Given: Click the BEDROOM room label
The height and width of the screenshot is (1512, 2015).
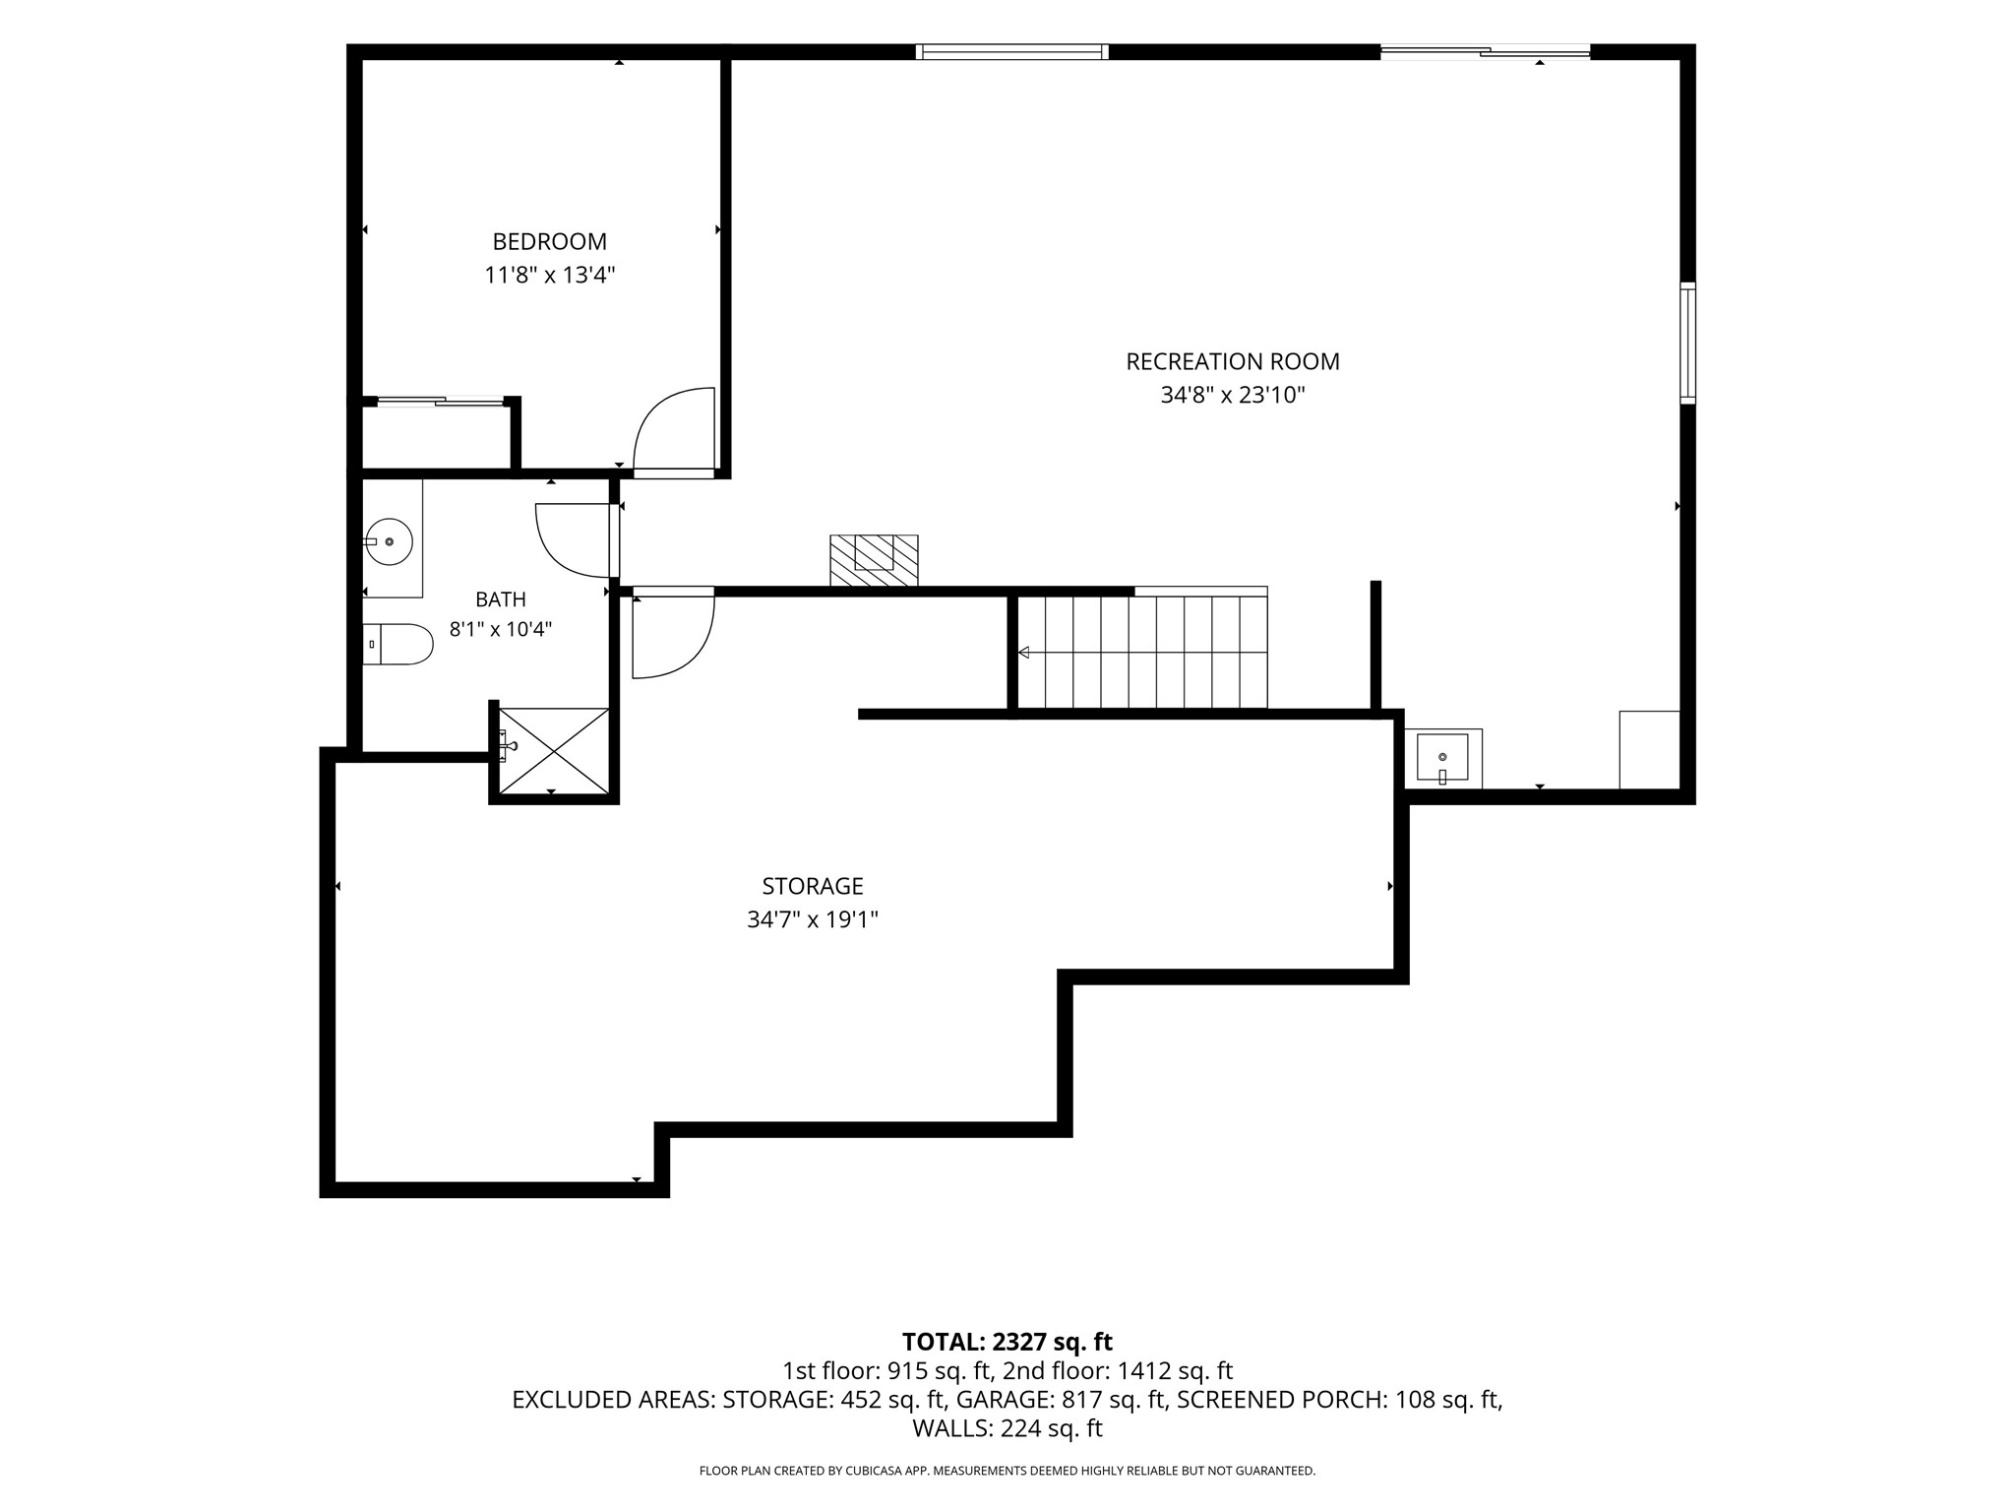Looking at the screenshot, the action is pyautogui.click(x=549, y=241).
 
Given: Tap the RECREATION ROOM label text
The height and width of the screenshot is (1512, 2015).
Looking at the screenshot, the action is pyautogui.click(x=1233, y=361).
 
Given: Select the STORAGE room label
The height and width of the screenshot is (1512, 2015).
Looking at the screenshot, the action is pyautogui.click(x=813, y=886).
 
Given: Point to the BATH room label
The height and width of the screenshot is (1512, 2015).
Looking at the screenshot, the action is pyautogui.click(x=501, y=599).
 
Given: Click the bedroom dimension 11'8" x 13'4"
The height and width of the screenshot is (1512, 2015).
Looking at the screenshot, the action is pyautogui.click(x=549, y=275).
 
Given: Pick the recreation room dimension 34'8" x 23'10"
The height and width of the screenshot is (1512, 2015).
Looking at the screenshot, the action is pyautogui.click(x=1233, y=396).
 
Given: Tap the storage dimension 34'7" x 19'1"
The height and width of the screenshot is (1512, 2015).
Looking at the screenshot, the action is pyautogui.click(x=813, y=920).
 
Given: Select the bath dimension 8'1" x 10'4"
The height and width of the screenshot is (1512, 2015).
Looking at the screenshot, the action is pyautogui.click(x=501, y=629).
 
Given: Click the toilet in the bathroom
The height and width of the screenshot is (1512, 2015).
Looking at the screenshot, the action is pyautogui.click(x=397, y=644).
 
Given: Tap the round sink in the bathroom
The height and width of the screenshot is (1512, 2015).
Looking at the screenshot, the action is pyautogui.click(x=389, y=541).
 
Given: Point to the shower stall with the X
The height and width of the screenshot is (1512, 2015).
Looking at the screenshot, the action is pyautogui.click(x=554, y=750).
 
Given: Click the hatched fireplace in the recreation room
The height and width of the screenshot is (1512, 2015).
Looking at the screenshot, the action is pyautogui.click(x=874, y=560).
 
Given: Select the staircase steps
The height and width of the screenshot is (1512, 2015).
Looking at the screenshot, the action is pyautogui.click(x=1141, y=652).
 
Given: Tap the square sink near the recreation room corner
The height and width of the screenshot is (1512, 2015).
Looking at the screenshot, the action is pyautogui.click(x=1442, y=758).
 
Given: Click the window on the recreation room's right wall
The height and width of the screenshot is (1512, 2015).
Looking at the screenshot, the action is pyautogui.click(x=1687, y=343).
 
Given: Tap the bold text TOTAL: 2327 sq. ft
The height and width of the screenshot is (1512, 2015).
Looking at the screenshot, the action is pyautogui.click(x=1007, y=1342).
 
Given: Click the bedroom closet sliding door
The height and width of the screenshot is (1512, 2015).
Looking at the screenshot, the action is pyautogui.click(x=440, y=401).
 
